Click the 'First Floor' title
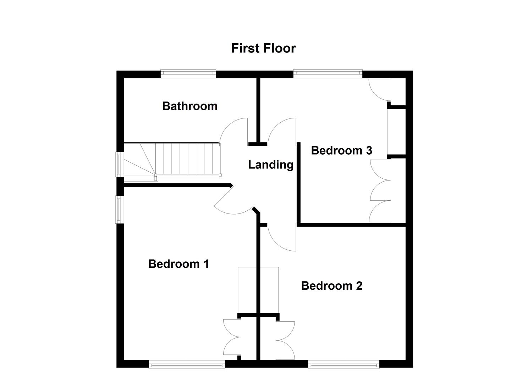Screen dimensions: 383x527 point(263,48)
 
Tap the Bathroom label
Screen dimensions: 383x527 point(190,106)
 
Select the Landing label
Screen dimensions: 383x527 point(270,165)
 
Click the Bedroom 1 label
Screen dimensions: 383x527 point(179,264)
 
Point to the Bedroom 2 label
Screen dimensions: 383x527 point(331,286)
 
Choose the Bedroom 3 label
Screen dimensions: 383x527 point(341,150)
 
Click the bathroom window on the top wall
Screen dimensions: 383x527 point(188,73)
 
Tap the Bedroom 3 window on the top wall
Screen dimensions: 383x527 point(328,73)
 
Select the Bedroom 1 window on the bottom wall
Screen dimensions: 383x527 point(187,364)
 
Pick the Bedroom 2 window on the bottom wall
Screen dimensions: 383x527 point(343,364)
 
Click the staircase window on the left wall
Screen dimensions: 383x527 point(119,164)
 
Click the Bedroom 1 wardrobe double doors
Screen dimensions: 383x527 point(232,337)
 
